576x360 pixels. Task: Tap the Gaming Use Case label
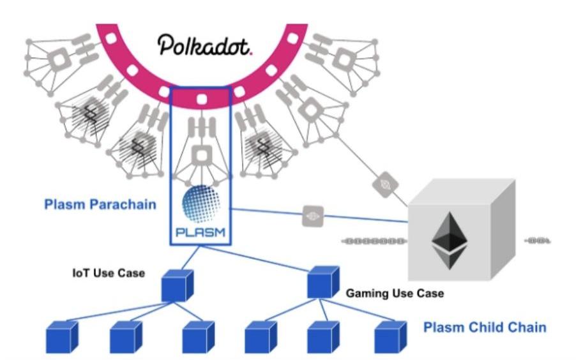coord(395,294)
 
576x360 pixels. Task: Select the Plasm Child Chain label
coord(485,327)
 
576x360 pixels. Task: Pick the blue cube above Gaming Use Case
coord(323,281)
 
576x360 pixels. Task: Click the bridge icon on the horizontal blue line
coord(312,215)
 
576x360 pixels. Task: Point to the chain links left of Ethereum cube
coord(374,241)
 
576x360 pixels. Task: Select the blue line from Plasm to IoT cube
coord(190,259)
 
